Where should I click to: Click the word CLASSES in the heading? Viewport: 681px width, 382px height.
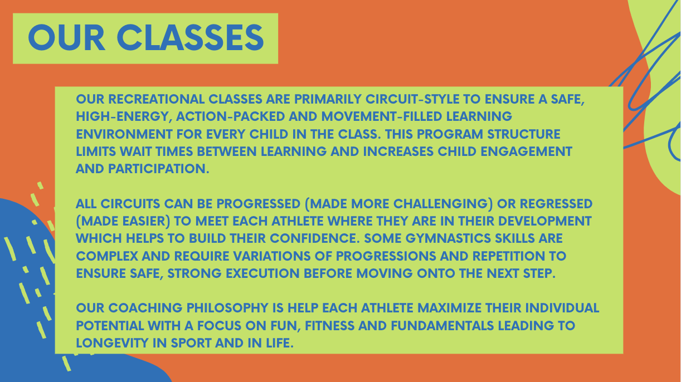pos(191,38)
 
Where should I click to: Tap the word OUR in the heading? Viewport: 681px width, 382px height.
pos(66,38)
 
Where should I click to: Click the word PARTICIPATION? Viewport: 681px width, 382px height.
pos(158,169)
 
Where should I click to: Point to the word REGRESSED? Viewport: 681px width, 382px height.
pos(556,204)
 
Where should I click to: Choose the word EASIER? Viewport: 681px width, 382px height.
pos(143,221)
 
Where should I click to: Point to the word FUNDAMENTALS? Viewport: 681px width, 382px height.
pos(442,325)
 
